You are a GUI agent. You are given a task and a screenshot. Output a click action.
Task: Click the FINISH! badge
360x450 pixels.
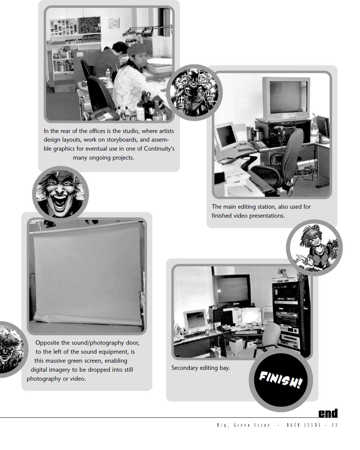coord(280,379)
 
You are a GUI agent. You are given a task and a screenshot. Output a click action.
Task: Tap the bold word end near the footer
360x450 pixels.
coord(328,413)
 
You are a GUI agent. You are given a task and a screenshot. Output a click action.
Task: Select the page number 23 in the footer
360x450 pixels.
coord(334,425)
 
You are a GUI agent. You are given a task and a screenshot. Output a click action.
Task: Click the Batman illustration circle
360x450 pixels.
coord(194,93)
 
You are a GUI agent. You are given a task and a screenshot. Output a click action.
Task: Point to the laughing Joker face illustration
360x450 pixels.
coord(60,194)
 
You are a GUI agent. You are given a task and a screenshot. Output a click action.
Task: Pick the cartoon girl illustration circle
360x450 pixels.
coord(314,248)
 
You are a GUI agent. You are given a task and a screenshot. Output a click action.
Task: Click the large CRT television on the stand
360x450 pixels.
coord(286,98)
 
